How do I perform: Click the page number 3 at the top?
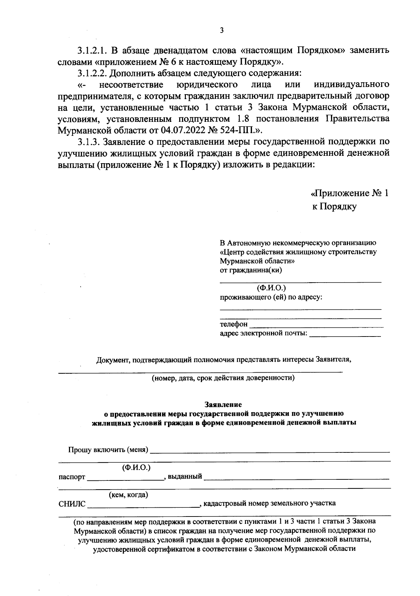pos(221,30)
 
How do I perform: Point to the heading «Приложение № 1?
pos(350,193)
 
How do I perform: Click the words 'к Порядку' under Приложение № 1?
pos(334,207)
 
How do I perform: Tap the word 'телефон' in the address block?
pos(233,324)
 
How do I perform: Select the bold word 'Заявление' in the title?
pos(223,405)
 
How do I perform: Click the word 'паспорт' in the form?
pos(72,477)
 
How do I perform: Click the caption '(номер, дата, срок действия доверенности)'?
pos(223,378)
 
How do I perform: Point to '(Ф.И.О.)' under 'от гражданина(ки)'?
pos(271,288)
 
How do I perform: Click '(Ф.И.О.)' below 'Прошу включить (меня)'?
pos(136,467)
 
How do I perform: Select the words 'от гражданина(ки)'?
pos(251,270)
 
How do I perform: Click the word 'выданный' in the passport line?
pos(185,477)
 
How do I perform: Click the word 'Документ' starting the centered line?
pos(113,360)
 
